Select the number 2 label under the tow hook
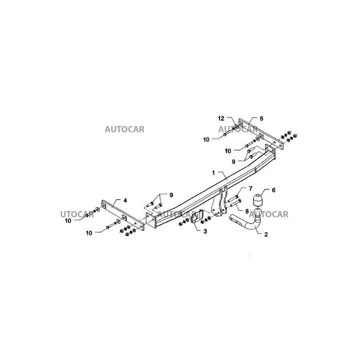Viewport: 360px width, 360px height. (x=266, y=234)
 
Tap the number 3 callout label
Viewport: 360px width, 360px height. (x=205, y=231)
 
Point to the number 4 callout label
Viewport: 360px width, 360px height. (x=125, y=201)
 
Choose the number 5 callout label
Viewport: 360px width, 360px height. (x=261, y=118)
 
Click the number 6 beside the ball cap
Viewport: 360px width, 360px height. (x=273, y=190)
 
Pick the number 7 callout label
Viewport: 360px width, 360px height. (x=251, y=188)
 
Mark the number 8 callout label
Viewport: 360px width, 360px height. (x=247, y=210)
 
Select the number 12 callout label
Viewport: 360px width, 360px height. (x=221, y=118)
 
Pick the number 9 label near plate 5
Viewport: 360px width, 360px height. (x=234, y=161)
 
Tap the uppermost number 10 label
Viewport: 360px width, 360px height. (x=207, y=140)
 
